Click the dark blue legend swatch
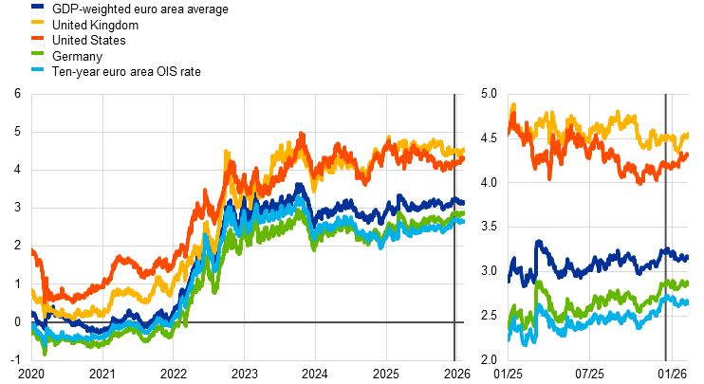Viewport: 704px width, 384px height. click(37, 6)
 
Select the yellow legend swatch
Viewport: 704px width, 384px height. click(37, 21)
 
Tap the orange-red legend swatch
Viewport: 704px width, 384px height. click(37, 37)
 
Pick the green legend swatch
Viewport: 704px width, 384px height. click(37, 53)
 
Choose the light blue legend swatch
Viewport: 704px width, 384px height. click(37, 69)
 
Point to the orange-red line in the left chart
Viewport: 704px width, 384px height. click(123, 257)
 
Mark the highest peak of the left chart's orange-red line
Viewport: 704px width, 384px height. click(302, 135)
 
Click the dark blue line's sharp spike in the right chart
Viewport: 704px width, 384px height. click(538, 243)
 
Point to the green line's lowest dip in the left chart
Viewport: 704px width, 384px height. click(45, 353)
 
